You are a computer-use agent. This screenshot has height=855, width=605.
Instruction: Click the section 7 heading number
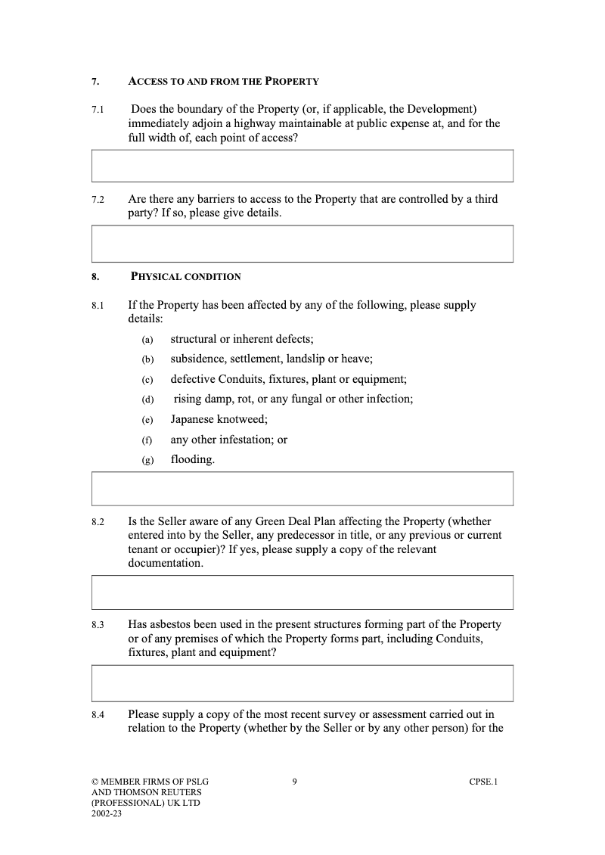tap(95, 82)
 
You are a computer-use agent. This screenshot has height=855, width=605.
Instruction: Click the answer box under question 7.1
tap(302, 166)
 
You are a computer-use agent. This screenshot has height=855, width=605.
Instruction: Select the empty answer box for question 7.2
tap(302, 244)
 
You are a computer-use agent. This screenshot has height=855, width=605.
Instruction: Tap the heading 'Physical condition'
tap(186, 277)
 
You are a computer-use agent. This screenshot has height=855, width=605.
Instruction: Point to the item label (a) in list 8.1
tap(147, 340)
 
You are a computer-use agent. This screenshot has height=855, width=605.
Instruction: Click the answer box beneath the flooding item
tap(302, 488)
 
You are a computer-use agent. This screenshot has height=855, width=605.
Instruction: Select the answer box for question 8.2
tap(302, 592)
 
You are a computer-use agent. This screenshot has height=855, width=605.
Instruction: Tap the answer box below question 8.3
tap(302, 683)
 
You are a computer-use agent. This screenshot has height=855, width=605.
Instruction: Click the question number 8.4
tap(98, 714)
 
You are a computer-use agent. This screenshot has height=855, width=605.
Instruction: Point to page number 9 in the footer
tap(294, 782)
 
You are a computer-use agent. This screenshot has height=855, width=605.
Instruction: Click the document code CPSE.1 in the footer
tap(483, 782)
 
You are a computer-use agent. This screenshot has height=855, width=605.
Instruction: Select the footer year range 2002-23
tap(107, 814)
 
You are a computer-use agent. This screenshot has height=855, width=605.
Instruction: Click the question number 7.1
tap(98, 110)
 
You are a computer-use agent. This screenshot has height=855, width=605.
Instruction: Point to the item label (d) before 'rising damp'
tap(147, 400)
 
